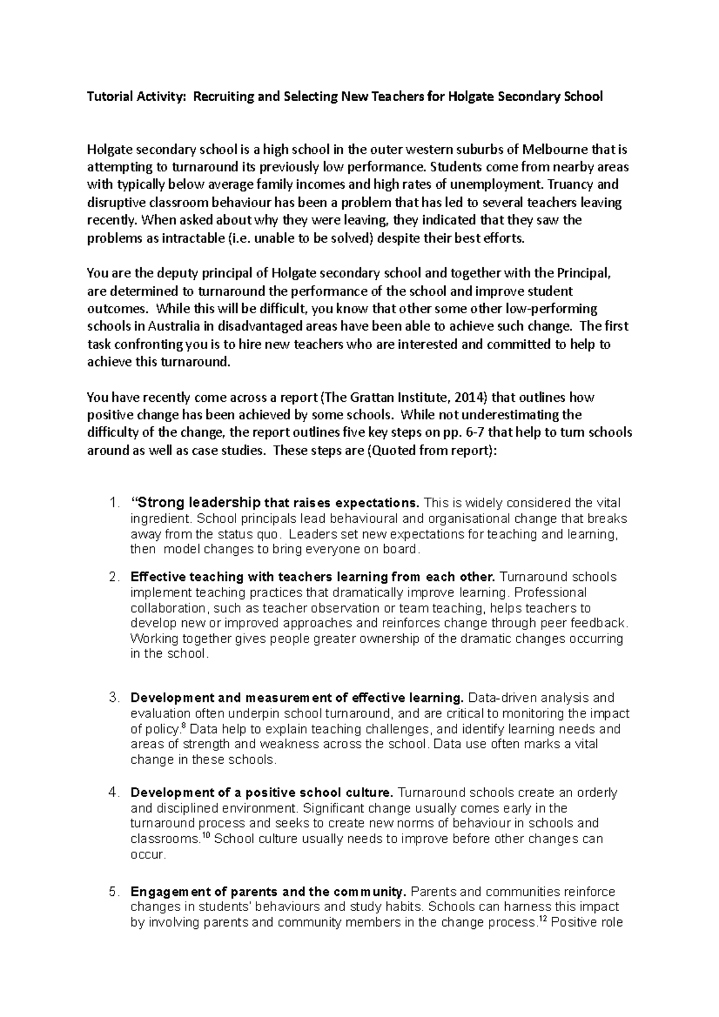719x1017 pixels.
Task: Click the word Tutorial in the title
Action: pyautogui.click(x=109, y=96)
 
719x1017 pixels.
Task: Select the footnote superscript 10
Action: pyautogui.click(x=205, y=836)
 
